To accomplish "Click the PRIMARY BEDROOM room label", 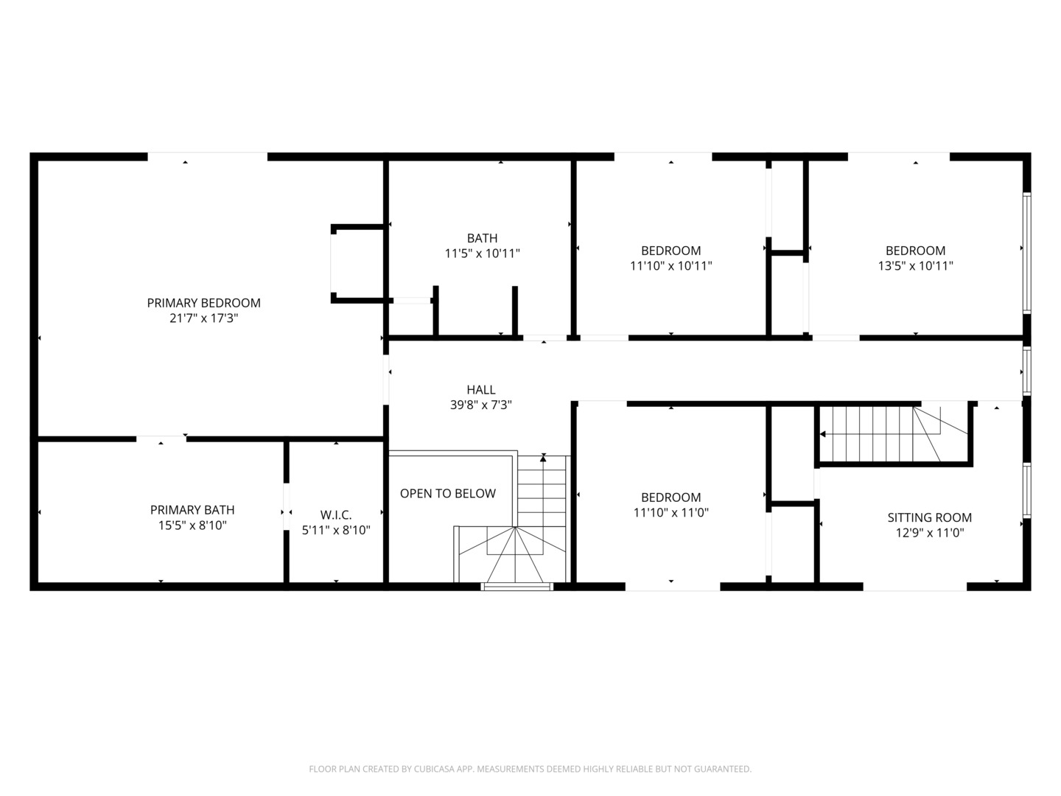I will tap(203, 303).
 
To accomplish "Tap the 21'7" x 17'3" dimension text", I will tap(203, 318).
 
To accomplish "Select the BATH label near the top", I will tap(482, 238).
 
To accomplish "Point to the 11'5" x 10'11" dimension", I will tap(482, 254).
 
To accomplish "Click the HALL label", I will tap(480, 389).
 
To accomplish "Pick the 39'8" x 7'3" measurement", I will tap(480, 405).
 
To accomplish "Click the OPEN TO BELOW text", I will tap(447, 493).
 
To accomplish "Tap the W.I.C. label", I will tap(336, 515).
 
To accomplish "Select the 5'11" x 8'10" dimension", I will tap(336, 530).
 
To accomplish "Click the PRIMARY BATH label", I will tap(192, 510).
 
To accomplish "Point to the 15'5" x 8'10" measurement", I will tap(192, 526).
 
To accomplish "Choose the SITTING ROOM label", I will tap(929, 517).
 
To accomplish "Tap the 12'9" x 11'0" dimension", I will tap(929, 533).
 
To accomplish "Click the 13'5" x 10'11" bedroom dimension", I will tap(915, 266).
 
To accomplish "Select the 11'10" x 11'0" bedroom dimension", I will tap(670, 513).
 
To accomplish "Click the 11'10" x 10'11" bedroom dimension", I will tap(670, 266).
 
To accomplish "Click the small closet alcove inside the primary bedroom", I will tap(357, 262).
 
